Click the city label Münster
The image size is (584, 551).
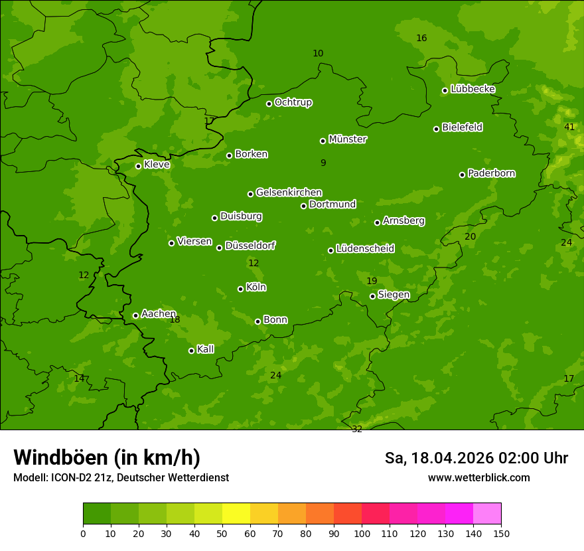347,139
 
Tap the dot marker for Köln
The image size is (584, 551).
240,289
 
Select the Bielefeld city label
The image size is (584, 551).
462,127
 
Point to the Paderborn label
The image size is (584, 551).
491,173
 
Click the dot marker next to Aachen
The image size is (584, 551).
135,315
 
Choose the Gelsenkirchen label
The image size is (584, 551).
289,193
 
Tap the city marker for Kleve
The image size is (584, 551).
138,166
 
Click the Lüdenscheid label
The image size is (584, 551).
365,249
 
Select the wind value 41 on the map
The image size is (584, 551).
569,127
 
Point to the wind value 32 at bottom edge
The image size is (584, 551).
357,429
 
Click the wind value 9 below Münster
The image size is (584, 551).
323,163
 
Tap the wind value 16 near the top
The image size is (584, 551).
421,38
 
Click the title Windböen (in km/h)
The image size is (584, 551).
107,457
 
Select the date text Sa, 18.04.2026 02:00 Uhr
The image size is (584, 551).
476,458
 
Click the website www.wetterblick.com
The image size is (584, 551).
478,477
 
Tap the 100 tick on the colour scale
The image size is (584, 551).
362,533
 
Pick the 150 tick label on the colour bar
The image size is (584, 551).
501,533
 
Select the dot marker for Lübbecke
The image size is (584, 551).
445,90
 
